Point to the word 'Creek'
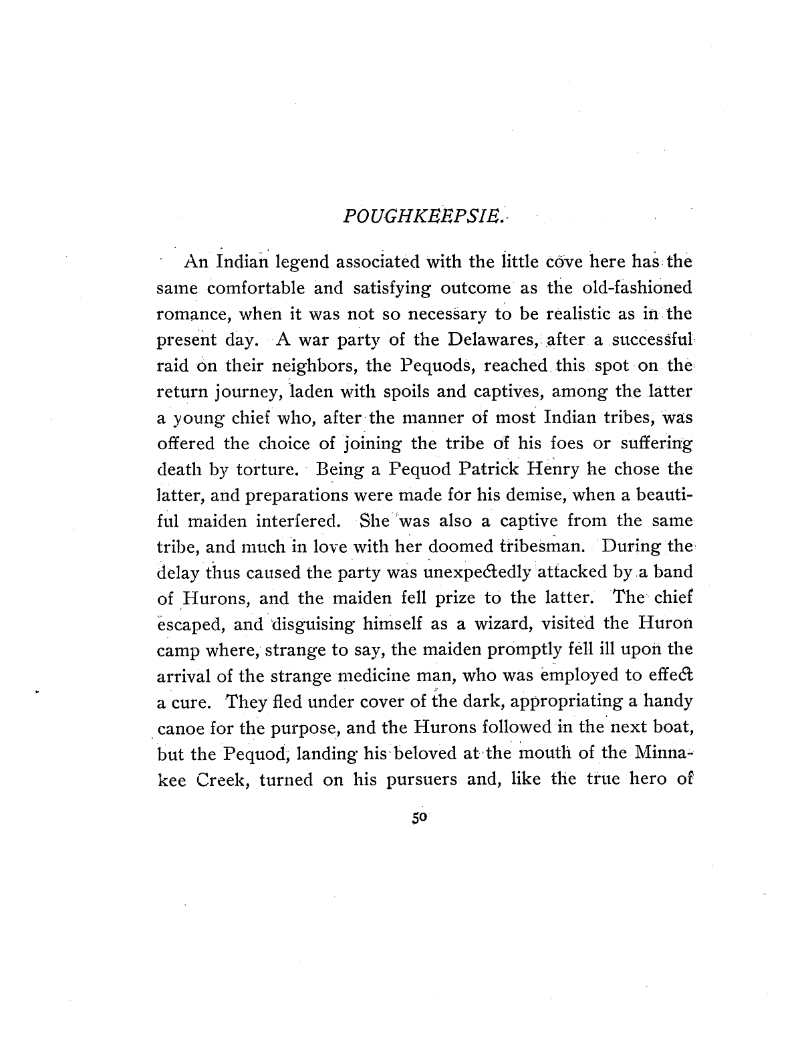[x=219, y=780]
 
